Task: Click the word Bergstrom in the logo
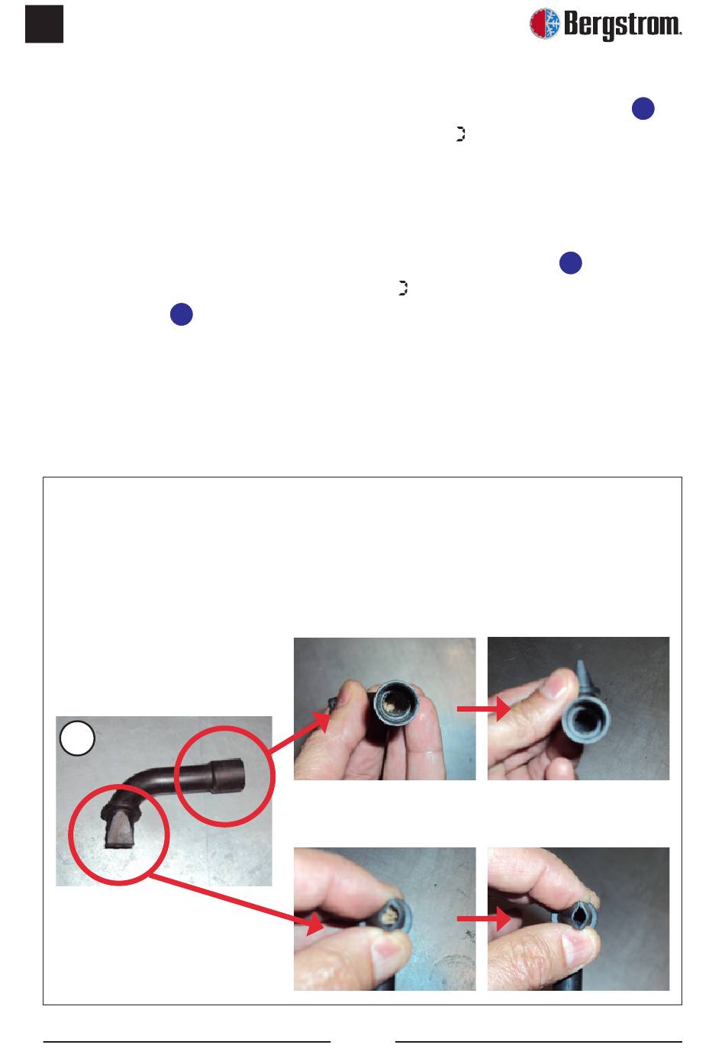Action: point(622,24)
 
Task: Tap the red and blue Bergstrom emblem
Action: point(544,23)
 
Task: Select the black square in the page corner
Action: point(44,24)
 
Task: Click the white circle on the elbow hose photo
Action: point(77,738)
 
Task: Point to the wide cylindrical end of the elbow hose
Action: point(227,777)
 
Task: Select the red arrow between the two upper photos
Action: point(484,709)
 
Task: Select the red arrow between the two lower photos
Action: point(484,918)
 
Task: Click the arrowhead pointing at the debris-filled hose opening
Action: point(321,723)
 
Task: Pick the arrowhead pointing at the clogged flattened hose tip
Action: point(314,924)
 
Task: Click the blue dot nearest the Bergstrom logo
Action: point(643,108)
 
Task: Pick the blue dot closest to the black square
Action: point(182,314)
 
